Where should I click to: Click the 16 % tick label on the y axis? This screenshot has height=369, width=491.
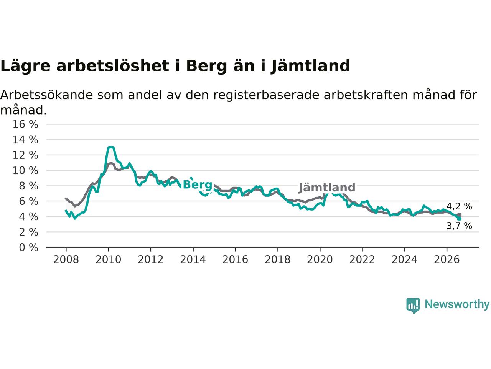[x=25, y=124]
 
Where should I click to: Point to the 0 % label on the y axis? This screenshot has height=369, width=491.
[x=28, y=248]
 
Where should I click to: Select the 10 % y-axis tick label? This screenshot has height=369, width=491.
[x=25, y=171]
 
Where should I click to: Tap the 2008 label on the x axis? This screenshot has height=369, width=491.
[x=66, y=260]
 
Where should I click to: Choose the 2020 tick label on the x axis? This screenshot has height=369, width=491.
[x=320, y=260]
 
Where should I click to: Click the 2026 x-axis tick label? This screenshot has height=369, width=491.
[x=447, y=260]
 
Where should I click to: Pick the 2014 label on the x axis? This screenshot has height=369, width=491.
[x=193, y=260]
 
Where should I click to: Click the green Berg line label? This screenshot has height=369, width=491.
[x=198, y=185]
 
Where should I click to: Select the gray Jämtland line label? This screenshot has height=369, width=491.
[x=327, y=188]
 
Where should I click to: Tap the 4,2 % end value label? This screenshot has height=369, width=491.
[x=459, y=206]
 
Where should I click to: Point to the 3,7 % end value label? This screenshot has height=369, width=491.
[x=459, y=226]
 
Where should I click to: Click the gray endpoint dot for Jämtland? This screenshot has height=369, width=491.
[x=459, y=215]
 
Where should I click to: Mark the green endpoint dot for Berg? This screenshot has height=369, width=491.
[x=459, y=219]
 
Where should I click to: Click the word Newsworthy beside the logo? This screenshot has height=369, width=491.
[x=457, y=304]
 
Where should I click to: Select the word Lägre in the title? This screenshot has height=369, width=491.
[x=25, y=66]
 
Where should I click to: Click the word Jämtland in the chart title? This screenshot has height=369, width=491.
[x=310, y=66]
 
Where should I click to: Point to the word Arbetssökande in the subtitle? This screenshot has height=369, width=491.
[x=46, y=95]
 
